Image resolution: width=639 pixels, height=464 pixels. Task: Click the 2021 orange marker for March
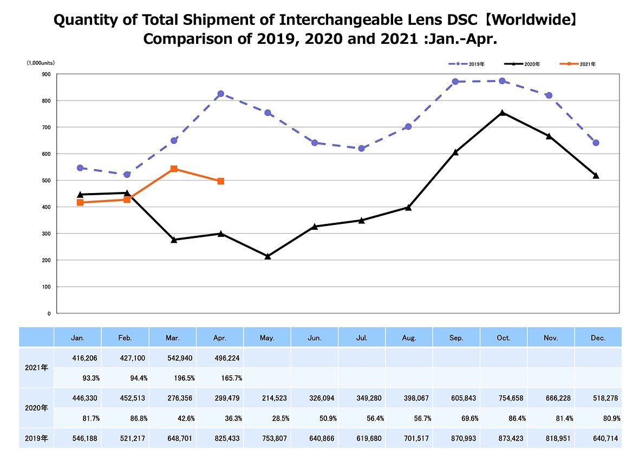pyautogui.click(x=174, y=169)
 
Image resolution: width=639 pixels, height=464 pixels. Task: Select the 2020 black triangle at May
pyautogui.click(x=268, y=256)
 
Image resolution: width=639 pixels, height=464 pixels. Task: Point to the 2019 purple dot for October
pyautogui.click(x=502, y=81)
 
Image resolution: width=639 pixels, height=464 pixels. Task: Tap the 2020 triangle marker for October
pyautogui.click(x=502, y=112)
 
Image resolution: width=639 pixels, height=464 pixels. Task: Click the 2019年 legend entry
pyautogui.click(x=467, y=64)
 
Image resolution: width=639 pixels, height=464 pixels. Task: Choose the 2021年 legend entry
pyautogui.click(x=577, y=64)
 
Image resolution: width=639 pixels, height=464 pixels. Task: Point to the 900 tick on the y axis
pyautogui.click(x=46, y=75)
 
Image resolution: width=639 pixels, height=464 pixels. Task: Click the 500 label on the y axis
pyautogui.click(x=46, y=181)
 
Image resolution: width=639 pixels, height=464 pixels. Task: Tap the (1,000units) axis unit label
pyautogui.click(x=41, y=63)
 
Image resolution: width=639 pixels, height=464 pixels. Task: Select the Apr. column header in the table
pyautogui.click(x=220, y=338)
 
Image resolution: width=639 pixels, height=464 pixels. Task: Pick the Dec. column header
pyautogui.click(x=598, y=338)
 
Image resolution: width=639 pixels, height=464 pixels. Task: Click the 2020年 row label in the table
pyautogui.click(x=36, y=408)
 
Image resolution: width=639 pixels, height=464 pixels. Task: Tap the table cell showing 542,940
pyautogui.click(x=180, y=358)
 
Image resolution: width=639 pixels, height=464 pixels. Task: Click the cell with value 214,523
pyautogui.click(x=274, y=398)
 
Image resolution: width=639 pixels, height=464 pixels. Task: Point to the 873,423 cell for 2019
pyautogui.click(x=511, y=439)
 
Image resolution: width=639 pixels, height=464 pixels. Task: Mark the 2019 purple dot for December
pyautogui.click(x=596, y=143)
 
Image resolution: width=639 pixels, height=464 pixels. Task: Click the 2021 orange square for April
pyautogui.click(x=221, y=181)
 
